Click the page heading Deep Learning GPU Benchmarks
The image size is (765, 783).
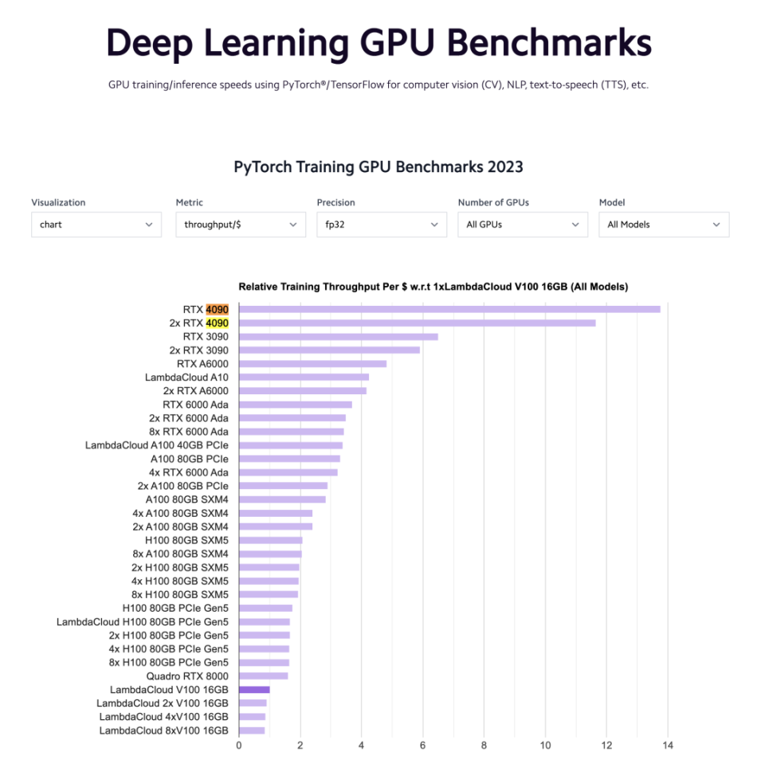click(x=379, y=42)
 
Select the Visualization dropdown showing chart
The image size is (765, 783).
click(x=96, y=225)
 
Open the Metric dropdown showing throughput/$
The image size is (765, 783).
click(x=241, y=225)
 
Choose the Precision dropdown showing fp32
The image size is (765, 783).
click(x=381, y=225)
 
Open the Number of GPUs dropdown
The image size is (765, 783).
click(x=523, y=225)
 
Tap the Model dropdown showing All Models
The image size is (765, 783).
click(x=664, y=225)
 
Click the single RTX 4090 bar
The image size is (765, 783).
click(x=449, y=309)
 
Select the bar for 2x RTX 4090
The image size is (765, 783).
click(x=417, y=323)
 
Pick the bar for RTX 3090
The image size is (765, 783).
click(x=338, y=336)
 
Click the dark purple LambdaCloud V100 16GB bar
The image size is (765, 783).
click(x=254, y=689)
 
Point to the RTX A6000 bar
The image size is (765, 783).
click(x=312, y=363)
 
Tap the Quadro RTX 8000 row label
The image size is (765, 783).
click(x=187, y=676)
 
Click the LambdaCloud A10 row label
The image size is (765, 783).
click(x=186, y=377)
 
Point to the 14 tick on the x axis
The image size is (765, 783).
click(x=668, y=746)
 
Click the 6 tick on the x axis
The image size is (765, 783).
click(x=422, y=746)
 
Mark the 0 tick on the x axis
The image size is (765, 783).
click(x=239, y=746)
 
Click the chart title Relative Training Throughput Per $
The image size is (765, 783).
click(x=433, y=287)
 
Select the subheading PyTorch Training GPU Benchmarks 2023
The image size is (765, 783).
click(x=379, y=166)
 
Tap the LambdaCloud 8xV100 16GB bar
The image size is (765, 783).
click(x=252, y=730)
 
